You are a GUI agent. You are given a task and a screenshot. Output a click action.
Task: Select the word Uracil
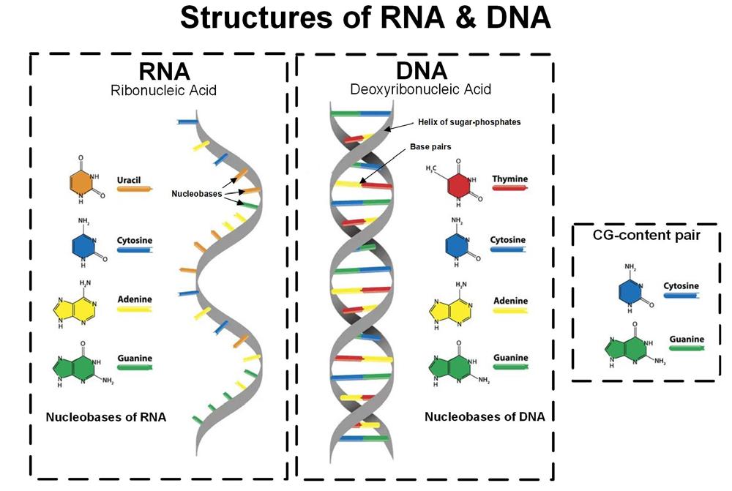pyautogui.click(x=129, y=179)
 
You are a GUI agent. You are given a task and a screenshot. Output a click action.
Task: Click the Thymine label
pyautogui.click(x=510, y=179)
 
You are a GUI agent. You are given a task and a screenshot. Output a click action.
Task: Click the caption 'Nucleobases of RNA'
pyautogui.click(x=106, y=418)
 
